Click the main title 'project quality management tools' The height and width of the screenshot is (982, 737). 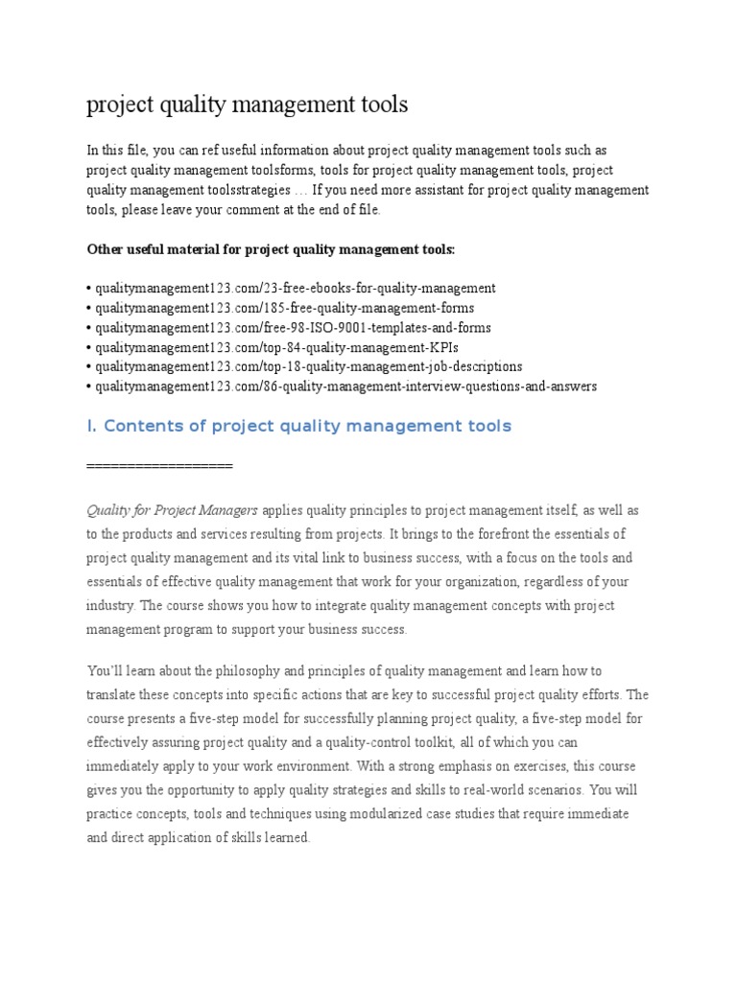(247, 105)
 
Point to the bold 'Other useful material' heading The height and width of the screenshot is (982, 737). (272, 249)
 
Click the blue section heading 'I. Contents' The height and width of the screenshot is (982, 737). (299, 426)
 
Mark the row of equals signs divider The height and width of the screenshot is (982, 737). (159, 465)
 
